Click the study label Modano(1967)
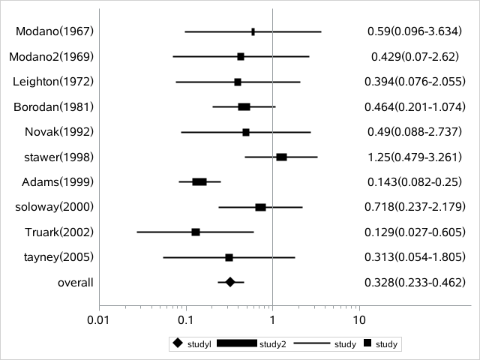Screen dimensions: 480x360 click(x=55, y=31)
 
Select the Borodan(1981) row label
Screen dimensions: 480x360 click(x=53, y=106)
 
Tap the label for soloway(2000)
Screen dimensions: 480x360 click(x=54, y=207)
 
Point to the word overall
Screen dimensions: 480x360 click(x=75, y=282)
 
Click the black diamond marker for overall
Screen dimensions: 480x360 click(x=230, y=282)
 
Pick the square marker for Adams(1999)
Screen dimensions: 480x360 click(x=199, y=181)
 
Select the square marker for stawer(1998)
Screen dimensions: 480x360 click(x=282, y=157)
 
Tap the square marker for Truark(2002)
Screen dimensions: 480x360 click(x=196, y=232)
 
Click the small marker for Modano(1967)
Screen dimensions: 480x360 click(x=253, y=31)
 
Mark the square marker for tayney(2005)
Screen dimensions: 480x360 click(x=229, y=257)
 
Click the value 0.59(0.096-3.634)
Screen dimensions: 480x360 click(x=415, y=31)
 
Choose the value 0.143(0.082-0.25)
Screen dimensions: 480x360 click(x=415, y=181)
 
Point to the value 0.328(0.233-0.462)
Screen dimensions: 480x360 click(x=415, y=282)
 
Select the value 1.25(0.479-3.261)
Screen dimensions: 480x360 click(x=415, y=157)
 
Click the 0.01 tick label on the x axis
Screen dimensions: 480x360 click(x=99, y=320)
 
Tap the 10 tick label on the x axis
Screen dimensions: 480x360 click(x=359, y=320)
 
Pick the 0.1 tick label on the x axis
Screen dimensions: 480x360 click(x=186, y=320)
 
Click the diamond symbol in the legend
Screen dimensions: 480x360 click(x=178, y=343)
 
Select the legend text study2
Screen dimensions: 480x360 click(x=273, y=344)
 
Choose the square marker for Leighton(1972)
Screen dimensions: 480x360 click(x=238, y=82)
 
